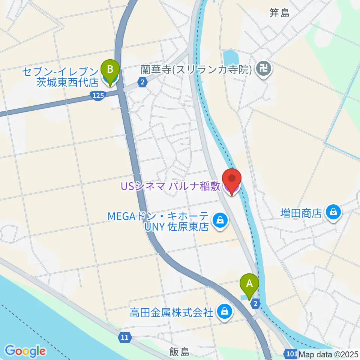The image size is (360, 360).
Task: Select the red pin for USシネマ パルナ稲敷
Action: (231, 181)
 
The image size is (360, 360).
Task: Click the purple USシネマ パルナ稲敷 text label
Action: (170, 186)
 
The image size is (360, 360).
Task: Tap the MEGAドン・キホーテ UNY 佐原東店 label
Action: (158, 222)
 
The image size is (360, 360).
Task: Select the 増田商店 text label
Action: (301, 213)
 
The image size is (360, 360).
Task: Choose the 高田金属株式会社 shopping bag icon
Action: (224, 311)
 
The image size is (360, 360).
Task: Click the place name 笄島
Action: (279, 13)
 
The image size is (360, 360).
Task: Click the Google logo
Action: (25, 351)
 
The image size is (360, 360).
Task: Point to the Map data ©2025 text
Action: (327, 354)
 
